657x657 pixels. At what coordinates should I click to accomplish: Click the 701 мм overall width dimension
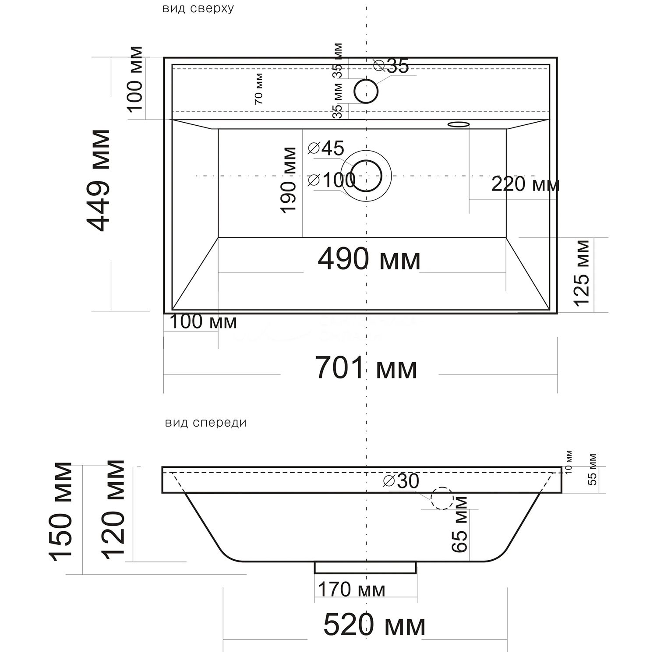366,368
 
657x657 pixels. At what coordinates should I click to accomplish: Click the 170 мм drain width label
351,590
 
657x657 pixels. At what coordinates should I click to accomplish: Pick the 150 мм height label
60,511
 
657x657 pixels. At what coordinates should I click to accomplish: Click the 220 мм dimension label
525,184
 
